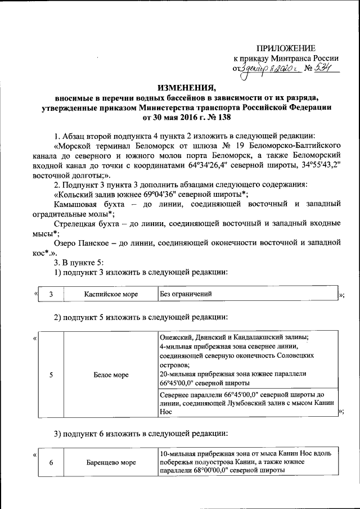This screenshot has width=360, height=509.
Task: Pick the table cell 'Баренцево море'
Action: click(111, 463)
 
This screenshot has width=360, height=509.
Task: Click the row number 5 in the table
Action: click(52, 375)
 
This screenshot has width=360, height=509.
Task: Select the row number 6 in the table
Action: click(52, 463)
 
